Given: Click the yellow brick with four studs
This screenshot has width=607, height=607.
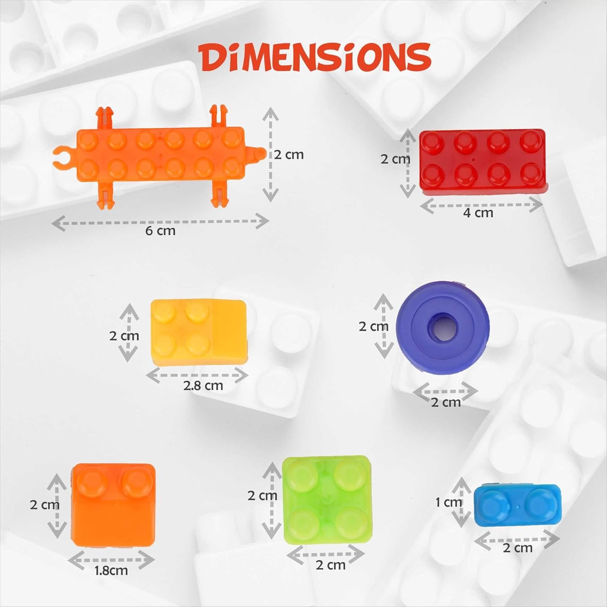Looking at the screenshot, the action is click(x=198, y=333).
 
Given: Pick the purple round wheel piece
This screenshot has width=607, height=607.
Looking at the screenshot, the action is click(x=443, y=328).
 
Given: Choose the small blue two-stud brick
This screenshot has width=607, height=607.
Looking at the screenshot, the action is click(x=518, y=505).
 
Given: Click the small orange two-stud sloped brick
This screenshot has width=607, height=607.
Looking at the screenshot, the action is click(x=113, y=505).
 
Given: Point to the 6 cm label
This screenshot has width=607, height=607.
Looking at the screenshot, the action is click(x=160, y=231).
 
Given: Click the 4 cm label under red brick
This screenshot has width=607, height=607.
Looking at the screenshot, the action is click(x=478, y=213).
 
